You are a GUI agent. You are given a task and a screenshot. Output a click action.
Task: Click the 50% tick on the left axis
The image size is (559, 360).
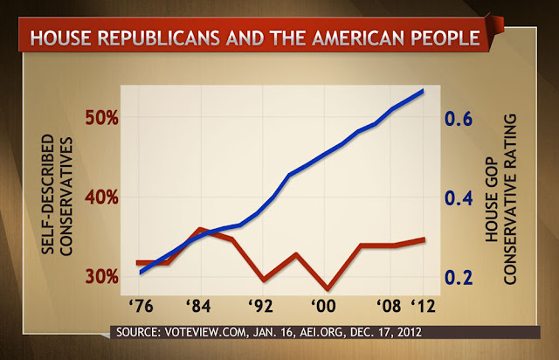102,118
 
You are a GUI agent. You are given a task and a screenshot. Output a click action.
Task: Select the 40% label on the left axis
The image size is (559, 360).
102,197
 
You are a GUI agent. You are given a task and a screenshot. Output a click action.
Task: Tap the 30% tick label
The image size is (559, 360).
102,276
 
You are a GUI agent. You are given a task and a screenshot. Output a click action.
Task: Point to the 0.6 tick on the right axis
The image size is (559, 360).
459,119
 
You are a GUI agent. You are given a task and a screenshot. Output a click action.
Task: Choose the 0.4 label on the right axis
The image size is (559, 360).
459,198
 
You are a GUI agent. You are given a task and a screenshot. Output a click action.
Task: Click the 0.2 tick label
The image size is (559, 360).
459,277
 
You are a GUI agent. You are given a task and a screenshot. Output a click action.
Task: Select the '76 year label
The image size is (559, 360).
141,306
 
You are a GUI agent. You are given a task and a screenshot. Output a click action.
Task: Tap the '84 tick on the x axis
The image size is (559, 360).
198,306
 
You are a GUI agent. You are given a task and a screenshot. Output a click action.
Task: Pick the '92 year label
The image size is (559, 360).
261,306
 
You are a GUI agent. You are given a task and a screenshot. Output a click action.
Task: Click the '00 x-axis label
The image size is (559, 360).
323,306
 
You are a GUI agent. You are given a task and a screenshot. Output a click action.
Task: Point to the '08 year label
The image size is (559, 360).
389,306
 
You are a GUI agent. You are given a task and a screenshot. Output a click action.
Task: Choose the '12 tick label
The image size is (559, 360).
424,306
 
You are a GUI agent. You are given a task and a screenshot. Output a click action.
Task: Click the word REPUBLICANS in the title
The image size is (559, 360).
159,38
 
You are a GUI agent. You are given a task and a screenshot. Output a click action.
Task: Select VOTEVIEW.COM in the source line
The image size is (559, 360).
205,332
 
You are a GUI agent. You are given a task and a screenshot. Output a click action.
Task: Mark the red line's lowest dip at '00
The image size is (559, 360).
327,288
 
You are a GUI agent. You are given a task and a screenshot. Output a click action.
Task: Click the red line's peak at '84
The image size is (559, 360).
200,229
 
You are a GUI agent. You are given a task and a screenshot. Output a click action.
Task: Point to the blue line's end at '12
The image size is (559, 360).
423,91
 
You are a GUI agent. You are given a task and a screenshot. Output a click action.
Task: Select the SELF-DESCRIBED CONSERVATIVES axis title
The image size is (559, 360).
57,195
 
